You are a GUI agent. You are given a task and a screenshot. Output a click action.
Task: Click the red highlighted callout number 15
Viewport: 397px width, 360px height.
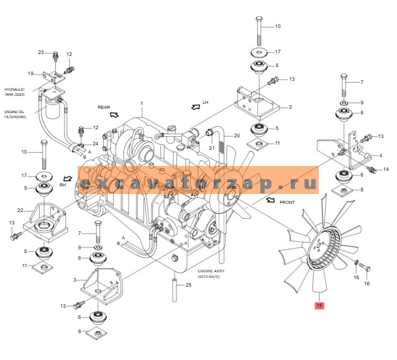(319, 305)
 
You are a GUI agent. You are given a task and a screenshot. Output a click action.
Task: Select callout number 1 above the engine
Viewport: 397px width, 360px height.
(142, 103)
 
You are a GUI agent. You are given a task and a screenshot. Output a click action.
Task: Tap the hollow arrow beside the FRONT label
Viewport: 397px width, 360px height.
(270, 200)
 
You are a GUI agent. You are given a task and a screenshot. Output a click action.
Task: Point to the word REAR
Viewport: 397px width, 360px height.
(104, 107)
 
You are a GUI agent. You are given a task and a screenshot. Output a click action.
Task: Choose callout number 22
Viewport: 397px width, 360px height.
(20, 210)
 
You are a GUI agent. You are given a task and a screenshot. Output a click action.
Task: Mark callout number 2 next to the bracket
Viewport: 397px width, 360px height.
(290, 107)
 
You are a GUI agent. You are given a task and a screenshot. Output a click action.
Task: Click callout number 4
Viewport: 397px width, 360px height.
(381, 155)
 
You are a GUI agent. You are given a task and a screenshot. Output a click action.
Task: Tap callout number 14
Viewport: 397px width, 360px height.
(385, 169)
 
